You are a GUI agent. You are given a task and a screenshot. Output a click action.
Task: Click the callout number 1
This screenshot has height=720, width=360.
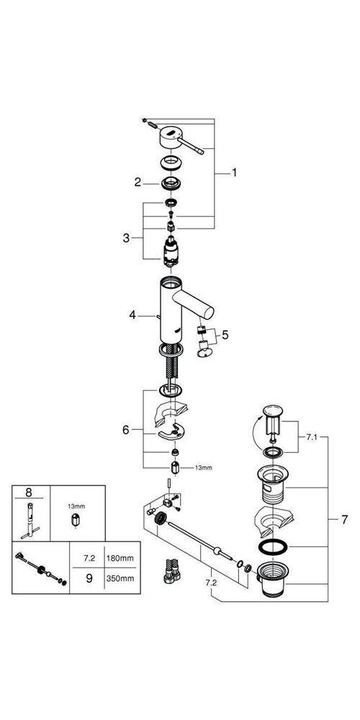click(x=234, y=173)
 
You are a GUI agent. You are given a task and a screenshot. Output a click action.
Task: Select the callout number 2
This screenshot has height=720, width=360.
click(x=137, y=182)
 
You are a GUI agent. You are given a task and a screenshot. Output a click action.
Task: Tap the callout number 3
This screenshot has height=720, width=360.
click(x=126, y=236)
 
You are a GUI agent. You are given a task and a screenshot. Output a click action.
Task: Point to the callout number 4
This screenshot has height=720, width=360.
click(x=132, y=315)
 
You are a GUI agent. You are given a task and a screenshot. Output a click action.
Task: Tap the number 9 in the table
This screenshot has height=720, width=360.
click(x=90, y=577)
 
